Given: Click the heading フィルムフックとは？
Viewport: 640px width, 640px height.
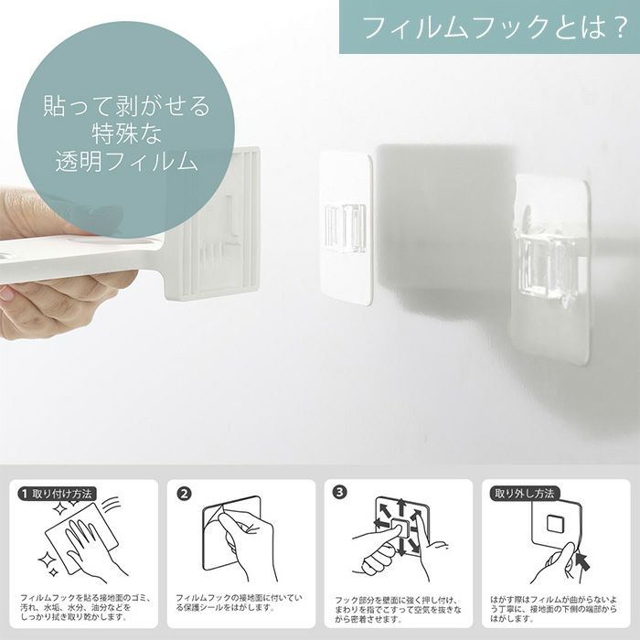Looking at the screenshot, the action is (x=495, y=27).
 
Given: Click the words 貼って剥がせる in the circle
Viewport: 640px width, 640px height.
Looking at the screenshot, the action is (x=126, y=105).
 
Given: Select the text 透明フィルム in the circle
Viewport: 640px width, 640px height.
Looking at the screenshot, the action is (x=126, y=161).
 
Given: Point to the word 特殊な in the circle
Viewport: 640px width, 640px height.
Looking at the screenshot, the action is (x=127, y=133).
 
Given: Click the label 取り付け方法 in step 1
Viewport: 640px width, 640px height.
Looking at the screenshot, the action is (x=61, y=495).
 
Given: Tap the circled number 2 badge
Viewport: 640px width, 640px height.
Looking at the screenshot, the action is (x=184, y=494).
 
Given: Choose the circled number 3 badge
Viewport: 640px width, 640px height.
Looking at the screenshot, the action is (x=339, y=492).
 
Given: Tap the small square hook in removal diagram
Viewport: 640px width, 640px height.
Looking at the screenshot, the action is (x=554, y=523).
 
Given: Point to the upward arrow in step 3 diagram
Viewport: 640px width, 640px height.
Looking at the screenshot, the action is (x=401, y=507).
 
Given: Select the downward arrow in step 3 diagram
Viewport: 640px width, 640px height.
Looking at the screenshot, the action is (x=401, y=547).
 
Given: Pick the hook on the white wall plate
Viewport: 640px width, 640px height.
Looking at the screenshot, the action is (x=346, y=228).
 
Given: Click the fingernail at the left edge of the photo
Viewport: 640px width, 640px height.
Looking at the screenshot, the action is (x=6, y=293).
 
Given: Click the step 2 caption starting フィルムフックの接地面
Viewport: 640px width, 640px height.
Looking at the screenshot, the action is (x=239, y=603).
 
